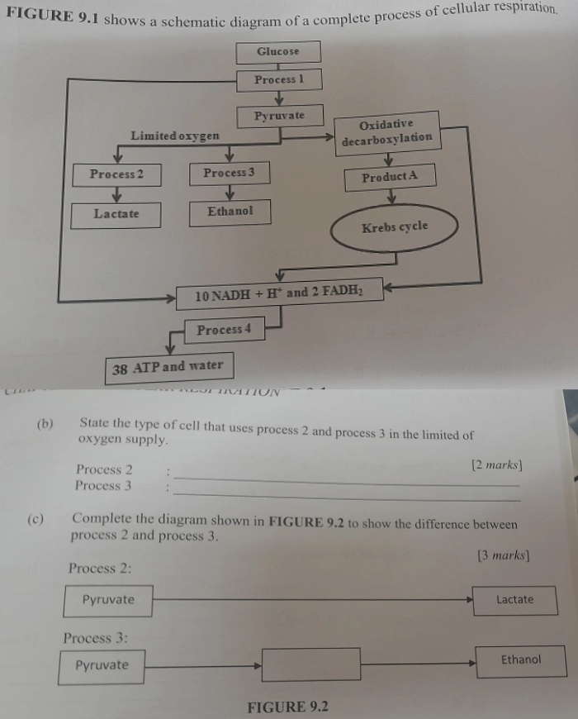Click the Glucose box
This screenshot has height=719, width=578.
pos(277,52)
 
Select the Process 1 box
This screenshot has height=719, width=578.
pos(279,80)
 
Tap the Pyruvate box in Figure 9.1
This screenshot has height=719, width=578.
pos(279,117)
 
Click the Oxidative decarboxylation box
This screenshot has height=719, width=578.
pos(386,131)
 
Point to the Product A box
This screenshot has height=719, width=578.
pos(390,177)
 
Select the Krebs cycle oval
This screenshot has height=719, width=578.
pos(395,227)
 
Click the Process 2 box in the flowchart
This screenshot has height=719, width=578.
pos(116,174)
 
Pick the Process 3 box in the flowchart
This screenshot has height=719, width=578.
pos(229,173)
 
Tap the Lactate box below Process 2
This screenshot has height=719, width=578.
pos(116,215)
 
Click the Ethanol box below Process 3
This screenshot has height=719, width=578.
pos(230,212)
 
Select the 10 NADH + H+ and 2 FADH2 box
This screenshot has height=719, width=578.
pos(279,293)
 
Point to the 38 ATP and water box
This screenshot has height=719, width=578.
pos(168,367)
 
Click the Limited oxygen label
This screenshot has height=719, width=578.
pos(175,136)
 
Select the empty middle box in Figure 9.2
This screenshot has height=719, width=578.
pos(311,664)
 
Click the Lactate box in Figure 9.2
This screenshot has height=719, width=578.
pos(515,600)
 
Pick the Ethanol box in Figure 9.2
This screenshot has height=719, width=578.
pos(521,660)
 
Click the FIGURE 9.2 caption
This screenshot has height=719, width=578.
pos(287,707)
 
